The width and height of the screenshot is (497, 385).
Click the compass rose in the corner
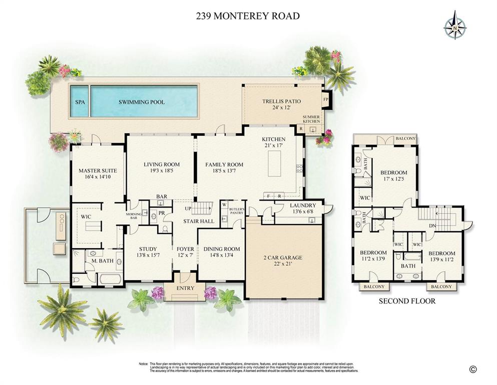tap(455, 25)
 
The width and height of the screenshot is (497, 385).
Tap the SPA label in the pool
tap(80, 102)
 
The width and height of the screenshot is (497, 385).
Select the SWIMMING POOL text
tap(142, 102)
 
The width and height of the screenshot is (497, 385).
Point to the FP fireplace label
tap(325, 99)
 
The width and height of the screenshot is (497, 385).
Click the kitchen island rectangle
tap(274, 164)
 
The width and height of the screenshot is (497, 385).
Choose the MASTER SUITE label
tap(97, 171)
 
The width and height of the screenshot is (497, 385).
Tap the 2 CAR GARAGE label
tap(283, 258)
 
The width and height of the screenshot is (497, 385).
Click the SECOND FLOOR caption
tap(406, 301)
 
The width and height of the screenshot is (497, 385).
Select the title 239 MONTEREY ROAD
tap(248, 16)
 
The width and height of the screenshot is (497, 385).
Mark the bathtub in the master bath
tap(106, 279)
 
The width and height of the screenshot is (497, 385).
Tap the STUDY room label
tap(148, 249)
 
